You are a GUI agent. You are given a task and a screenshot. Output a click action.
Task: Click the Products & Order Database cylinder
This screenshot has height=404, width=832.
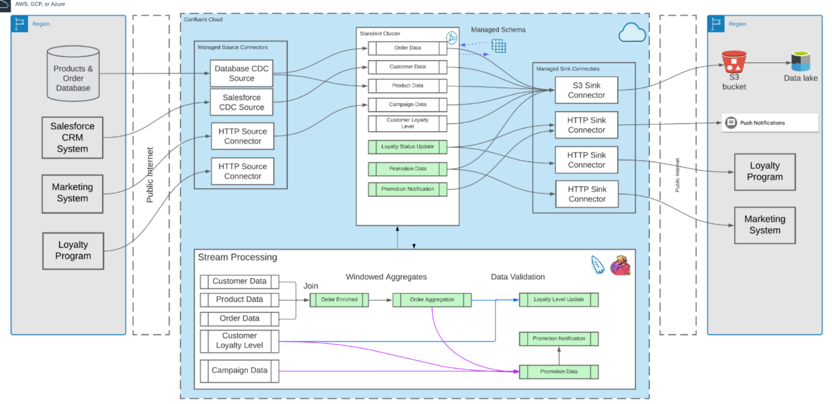pyautogui.click(x=73, y=73)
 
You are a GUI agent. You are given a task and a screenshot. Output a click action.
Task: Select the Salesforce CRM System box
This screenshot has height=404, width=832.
pyautogui.click(x=72, y=137)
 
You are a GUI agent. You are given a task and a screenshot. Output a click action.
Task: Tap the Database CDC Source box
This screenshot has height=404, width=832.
pyautogui.click(x=242, y=73)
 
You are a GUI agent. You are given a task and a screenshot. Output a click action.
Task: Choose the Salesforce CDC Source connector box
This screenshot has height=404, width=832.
pyautogui.click(x=242, y=102)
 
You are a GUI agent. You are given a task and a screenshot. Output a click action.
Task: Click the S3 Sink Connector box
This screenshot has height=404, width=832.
pyautogui.click(x=587, y=90)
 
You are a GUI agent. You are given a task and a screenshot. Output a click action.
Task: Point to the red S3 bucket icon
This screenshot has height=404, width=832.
pyautogui.click(x=734, y=62)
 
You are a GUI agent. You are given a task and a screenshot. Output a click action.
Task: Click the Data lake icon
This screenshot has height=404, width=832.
pyautogui.click(x=800, y=61)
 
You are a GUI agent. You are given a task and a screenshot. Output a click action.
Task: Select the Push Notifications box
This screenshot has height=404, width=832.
pyautogui.click(x=770, y=123)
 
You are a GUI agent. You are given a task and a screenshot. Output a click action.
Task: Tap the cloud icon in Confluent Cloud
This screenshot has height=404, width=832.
pyautogui.click(x=632, y=33)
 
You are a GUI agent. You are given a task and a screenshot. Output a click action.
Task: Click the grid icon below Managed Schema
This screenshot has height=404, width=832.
pyautogui.click(x=498, y=46)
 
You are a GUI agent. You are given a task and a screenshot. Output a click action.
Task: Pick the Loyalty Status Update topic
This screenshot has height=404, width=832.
pyautogui.click(x=408, y=147)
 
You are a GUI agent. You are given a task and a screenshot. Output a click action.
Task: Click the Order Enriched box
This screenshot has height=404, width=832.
pyautogui.click(x=339, y=300)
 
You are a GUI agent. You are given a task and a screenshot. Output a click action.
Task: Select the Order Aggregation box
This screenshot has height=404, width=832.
pyautogui.click(x=432, y=300)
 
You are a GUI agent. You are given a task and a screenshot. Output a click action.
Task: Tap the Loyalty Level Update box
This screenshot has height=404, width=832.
pyautogui.click(x=559, y=300)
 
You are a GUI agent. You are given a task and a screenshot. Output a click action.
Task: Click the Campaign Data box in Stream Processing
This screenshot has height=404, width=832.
pyautogui.click(x=240, y=370)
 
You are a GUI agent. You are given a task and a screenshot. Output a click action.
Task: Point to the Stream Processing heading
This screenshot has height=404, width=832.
pyautogui.click(x=237, y=257)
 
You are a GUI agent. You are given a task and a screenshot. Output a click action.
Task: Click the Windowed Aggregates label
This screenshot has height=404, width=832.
pyautogui.click(x=386, y=277)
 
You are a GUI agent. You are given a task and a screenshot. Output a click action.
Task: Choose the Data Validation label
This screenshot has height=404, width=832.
pyautogui.click(x=518, y=277)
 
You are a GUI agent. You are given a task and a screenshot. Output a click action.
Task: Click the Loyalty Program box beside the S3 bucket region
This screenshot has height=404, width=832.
pyautogui.click(x=765, y=172)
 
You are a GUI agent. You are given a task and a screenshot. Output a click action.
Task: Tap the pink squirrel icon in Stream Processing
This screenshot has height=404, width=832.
pyautogui.click(x=620, y=266)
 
